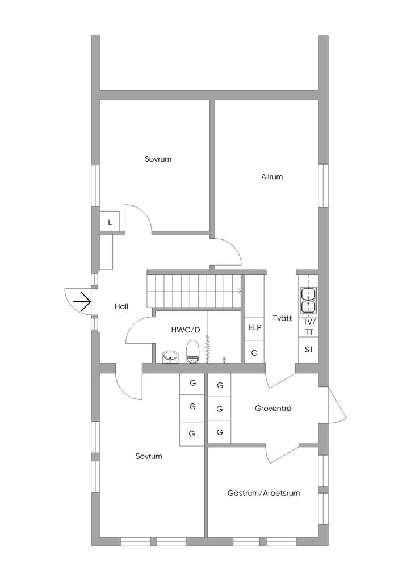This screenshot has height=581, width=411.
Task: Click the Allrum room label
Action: [x=272, y=176]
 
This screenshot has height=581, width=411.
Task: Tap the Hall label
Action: [x=121, y=306]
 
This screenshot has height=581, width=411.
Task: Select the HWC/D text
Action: [x=186, y=330]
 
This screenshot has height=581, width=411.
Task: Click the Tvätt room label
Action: [x=282, y=318]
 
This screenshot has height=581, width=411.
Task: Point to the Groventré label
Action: [x=273, y=408]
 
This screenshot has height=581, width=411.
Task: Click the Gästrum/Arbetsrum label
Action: [x=263, y=493]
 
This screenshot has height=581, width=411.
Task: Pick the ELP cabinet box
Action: [x=254, y=327]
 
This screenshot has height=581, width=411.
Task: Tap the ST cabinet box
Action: [x=309, y=350]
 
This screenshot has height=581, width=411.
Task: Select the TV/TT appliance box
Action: [x=308, y=327]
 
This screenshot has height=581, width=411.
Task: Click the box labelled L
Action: [x=110, y=222]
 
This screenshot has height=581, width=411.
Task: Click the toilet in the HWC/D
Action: [x=193, y=350]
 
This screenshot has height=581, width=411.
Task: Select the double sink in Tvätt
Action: [x=308, y=300]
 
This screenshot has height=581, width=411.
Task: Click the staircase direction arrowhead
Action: [x=239, y=291]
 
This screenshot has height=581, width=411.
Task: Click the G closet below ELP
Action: [x=254, y=353]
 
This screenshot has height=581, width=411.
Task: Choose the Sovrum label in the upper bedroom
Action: [x=158, y=159]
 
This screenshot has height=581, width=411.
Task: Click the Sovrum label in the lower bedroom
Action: [x=149, y=456]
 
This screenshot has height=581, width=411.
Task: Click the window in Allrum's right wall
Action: [x=323, y=184]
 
